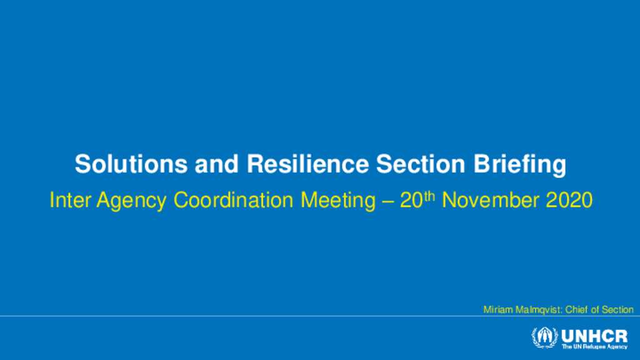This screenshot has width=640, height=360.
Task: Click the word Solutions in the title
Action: (131, 164)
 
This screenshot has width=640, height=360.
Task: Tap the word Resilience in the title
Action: (307, 164)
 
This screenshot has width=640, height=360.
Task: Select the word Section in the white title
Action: (421, 164)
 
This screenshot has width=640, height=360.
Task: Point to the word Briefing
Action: (519, 165)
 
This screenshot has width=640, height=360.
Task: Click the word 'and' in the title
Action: (217, 164)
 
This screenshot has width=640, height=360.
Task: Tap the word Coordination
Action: (234, 200)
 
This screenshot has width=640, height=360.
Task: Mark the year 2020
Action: (569, 200)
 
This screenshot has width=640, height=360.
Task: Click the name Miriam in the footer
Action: (498, 310)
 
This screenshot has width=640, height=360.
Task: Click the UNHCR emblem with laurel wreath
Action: (544, 337)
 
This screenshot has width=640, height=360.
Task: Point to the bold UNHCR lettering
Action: (595, 336)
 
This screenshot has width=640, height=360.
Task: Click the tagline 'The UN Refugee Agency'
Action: (595, 346)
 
